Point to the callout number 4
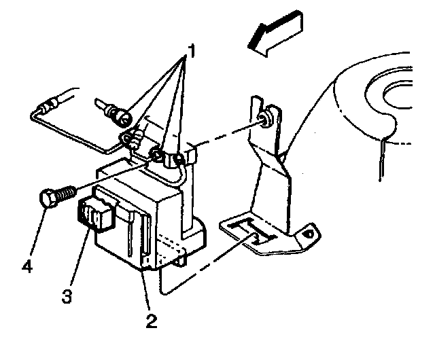click(27, 266)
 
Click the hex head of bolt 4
click(46, 200)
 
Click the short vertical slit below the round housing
click(383, 160)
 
